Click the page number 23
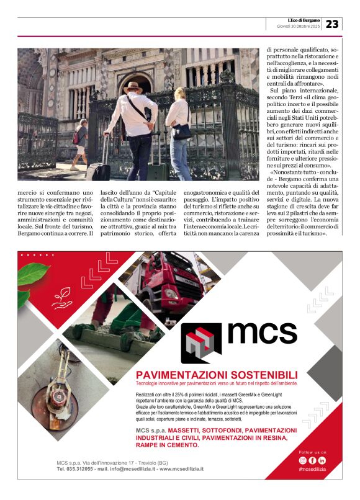332,24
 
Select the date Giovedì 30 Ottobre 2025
299,27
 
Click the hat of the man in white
133,84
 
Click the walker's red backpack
76,136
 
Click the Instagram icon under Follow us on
302,460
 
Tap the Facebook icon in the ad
312,460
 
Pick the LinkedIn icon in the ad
322,460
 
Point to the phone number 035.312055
81,469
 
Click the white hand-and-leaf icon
63,300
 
